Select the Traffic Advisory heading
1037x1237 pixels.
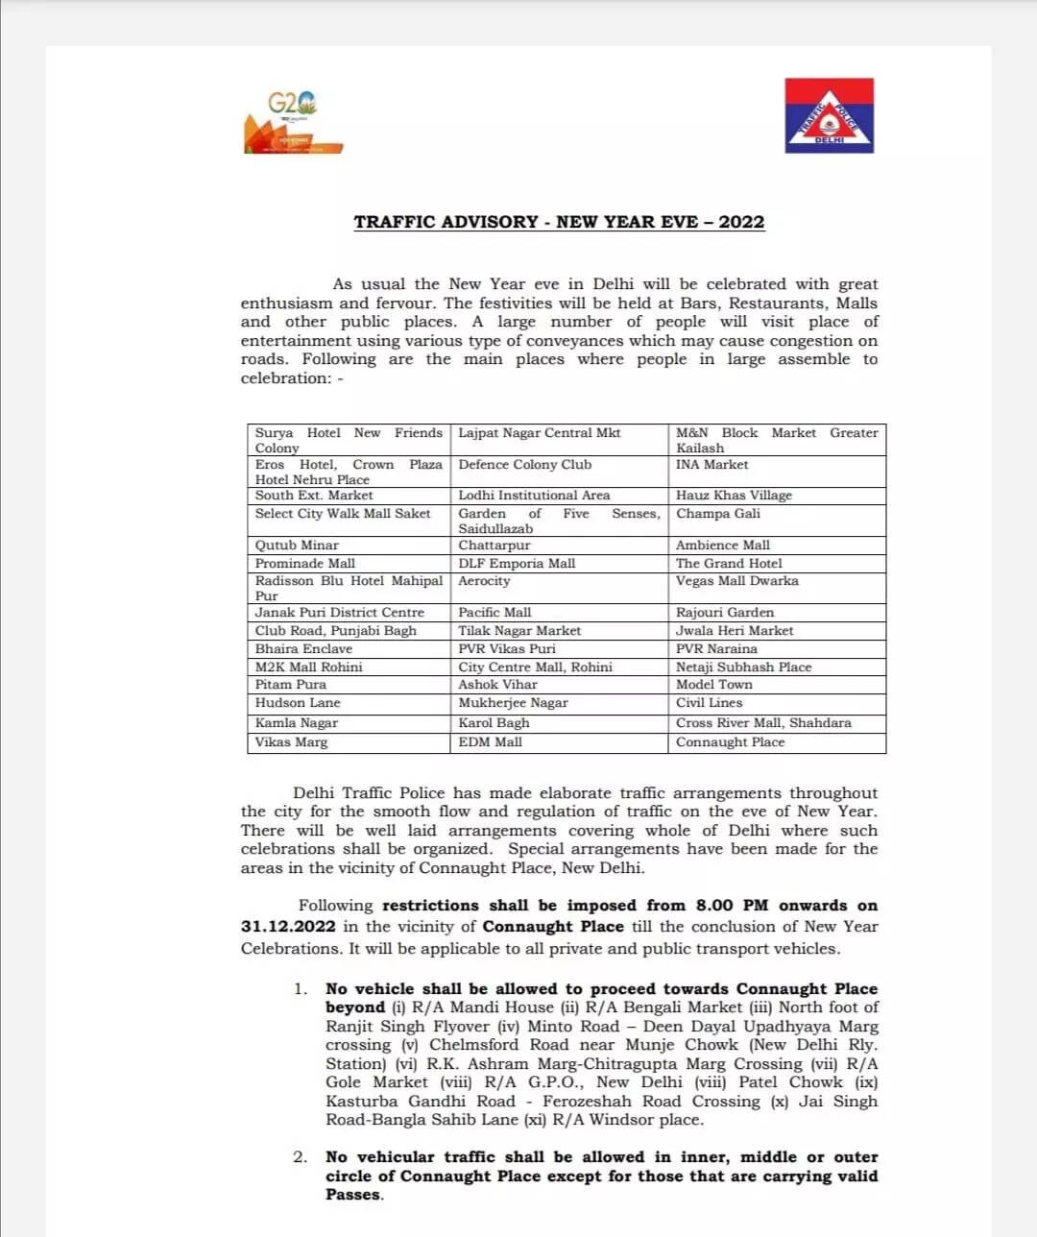click(559, 222)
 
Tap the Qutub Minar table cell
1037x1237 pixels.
click(297, 546)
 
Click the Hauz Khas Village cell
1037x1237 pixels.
click(734, 496)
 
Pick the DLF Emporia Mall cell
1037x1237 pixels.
click(517, 564)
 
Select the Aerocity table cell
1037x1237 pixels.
click(484, 581)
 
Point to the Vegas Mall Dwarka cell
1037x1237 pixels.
click(736, 581)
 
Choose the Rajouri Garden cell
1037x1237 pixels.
click(724, 613)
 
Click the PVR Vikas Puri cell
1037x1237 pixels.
click(506, 649)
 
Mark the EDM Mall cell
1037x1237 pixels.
click(490, 742)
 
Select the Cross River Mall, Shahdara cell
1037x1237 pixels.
click(763, 723)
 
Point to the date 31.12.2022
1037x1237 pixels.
click(288, 927)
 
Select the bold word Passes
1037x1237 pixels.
click(353, 1195)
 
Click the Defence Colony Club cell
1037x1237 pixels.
click(524, 465)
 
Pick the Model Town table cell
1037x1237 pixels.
click(713, 685)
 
